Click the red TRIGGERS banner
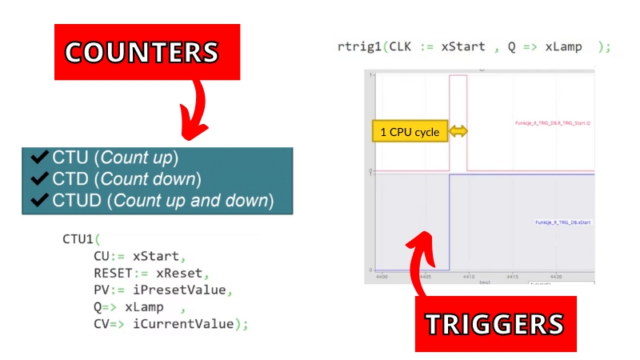tap(495, 323)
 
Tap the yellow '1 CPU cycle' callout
tap(410, 131)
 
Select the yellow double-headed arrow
tap(458, 131)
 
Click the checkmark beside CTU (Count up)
tap(40, 157)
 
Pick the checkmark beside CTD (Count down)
tap(40, 178)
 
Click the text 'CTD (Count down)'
tap(126, 178)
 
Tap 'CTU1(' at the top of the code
tap(83, 239)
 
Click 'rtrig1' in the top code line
tap(360, 46)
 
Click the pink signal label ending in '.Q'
tap(552, 123)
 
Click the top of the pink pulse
tap(458, 76)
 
